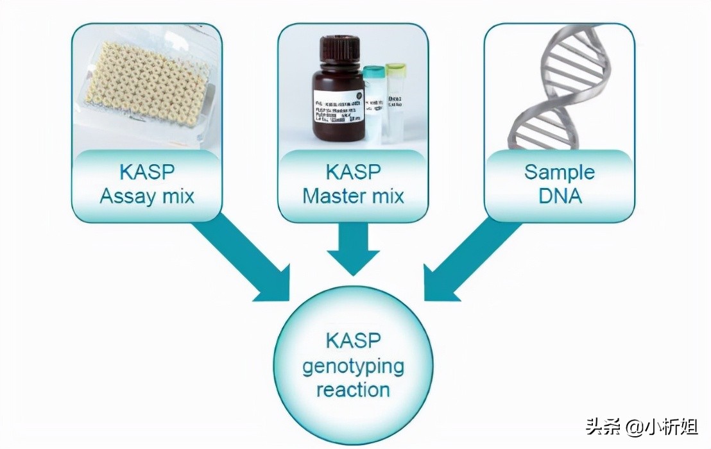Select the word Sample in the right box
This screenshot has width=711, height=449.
pos(559,172)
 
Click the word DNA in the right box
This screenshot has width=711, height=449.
pos(559,195)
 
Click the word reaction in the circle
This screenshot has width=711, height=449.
pos(353,389)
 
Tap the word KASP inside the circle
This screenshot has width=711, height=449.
pos(353,341)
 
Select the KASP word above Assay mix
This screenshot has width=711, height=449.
pos(147,172)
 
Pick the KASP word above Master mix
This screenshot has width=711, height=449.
pos(353,172)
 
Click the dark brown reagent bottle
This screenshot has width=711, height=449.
pos(336,96)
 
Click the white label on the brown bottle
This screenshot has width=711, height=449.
pos(337,106)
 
